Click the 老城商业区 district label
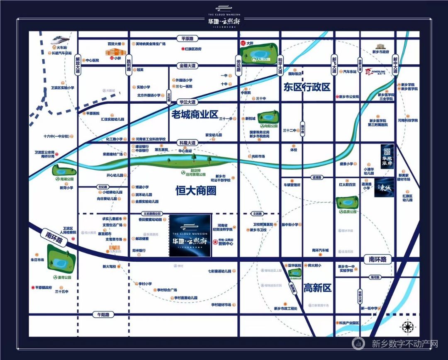coord(195,114)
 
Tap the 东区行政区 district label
coord(307,87)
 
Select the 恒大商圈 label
coord(196,191)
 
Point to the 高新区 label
coord(317,287)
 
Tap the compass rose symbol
coord(409,326)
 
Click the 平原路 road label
coord(185,39)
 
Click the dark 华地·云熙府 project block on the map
coord(190,235)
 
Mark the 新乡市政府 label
coord(380,52)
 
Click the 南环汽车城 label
coord(320,250)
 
